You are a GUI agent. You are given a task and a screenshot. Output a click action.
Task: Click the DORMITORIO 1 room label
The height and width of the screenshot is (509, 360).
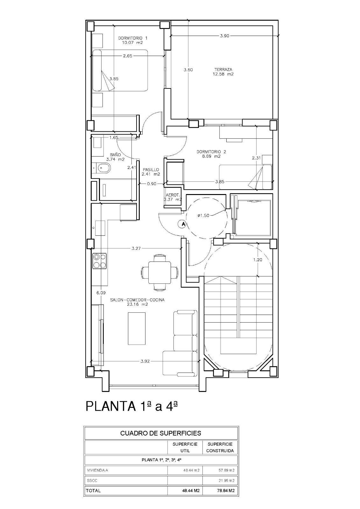133,40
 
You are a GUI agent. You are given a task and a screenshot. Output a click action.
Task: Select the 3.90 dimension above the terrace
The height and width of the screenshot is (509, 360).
224,36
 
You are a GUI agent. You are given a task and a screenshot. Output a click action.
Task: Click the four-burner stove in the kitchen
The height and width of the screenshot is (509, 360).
99,261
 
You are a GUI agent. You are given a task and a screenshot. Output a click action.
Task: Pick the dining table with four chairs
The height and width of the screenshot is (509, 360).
159,272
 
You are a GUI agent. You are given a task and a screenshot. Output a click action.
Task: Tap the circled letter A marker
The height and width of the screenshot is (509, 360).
183,224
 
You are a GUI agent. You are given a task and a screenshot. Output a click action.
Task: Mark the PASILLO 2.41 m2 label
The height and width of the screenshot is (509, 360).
151,172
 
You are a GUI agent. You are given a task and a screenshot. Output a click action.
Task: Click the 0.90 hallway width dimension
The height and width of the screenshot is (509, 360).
152,183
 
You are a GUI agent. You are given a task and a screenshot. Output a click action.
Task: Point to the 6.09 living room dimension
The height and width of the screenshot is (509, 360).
101,293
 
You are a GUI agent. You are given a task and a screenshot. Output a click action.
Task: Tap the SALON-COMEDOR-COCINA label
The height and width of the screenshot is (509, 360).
138,302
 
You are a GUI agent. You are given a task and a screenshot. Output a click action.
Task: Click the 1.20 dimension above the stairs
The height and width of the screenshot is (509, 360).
258,260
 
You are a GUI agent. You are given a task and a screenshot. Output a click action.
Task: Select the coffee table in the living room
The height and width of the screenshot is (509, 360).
137,328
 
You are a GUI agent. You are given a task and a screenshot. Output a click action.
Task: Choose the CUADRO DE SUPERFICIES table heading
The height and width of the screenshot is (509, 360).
161,433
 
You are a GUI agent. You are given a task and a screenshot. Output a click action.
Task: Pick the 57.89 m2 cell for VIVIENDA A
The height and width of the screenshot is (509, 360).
220,470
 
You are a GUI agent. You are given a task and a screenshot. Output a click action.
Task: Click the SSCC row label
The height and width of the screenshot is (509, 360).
90,480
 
